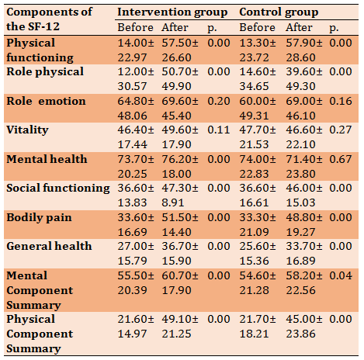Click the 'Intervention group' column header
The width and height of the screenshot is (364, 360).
172,12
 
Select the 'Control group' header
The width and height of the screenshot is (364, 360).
279,12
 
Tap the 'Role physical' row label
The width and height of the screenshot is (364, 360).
45,72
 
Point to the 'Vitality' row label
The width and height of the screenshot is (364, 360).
27,130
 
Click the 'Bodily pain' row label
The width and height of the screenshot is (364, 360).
39,217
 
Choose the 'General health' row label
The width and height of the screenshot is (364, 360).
49,246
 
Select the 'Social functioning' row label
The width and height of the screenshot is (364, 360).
58,188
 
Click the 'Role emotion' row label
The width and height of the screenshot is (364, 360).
46,101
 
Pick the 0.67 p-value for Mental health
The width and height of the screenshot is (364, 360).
341,159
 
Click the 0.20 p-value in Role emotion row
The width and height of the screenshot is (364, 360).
219,101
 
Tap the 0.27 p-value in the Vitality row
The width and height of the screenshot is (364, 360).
341,130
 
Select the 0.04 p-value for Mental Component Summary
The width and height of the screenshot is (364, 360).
341,275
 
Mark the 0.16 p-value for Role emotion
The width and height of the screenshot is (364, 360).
341,101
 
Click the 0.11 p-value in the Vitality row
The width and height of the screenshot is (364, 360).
219,130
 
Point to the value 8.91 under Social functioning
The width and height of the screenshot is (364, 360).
173,202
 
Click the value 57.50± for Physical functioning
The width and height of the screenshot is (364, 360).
180,43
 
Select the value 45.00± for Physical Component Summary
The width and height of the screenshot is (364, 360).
304,319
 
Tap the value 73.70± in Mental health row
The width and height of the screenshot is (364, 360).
136,159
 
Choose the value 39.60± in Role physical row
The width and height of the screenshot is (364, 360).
304,72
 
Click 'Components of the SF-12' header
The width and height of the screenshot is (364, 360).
49,19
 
